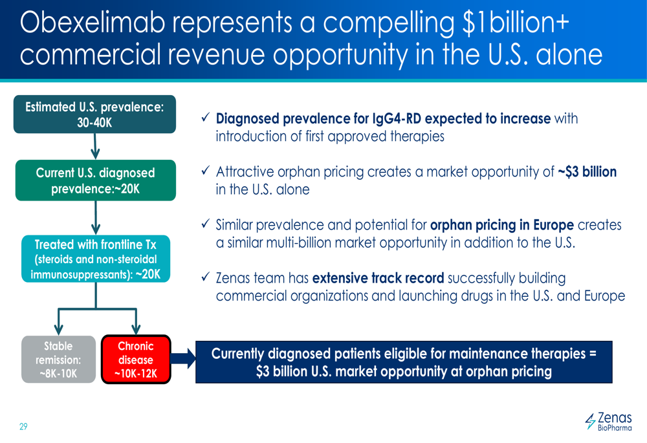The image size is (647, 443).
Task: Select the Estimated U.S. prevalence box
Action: point(95,114)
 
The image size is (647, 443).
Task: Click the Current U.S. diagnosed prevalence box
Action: point(96,180)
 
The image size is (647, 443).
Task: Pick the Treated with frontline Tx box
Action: point(96,259)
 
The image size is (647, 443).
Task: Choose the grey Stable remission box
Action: point(59,360)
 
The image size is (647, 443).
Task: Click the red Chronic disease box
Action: point(136,360)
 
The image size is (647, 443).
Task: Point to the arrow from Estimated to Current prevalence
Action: point(95,146)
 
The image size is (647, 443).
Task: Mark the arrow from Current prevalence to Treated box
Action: point(96,218)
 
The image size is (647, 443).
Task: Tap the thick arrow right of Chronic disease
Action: point(183,358)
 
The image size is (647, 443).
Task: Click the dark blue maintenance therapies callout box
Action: point(404,362)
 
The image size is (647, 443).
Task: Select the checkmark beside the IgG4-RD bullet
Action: point(206,117)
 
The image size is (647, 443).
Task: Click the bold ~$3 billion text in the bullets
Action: point(587,171)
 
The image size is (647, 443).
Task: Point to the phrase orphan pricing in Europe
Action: point(502,225)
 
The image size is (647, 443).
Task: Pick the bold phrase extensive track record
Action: point(378,278)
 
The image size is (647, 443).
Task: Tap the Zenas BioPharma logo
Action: point(609,422)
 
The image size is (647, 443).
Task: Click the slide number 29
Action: point(23,426)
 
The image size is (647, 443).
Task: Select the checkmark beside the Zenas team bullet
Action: point(206,277)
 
